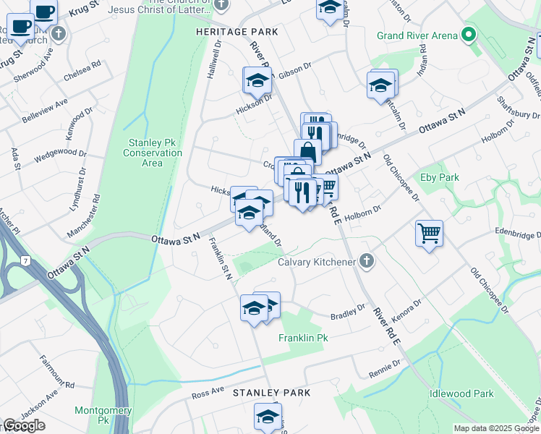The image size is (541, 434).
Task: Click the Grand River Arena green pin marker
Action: point(469,35)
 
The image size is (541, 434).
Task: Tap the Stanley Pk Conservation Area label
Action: point(152,153)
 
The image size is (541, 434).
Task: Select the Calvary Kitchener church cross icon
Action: point(367,261)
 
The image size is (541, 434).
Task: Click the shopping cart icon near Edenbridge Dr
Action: point(429,234)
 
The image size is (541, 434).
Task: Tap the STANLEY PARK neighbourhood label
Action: point(271,393)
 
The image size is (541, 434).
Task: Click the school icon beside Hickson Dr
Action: point(257,82)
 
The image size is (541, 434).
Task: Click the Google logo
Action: point(24,425)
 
